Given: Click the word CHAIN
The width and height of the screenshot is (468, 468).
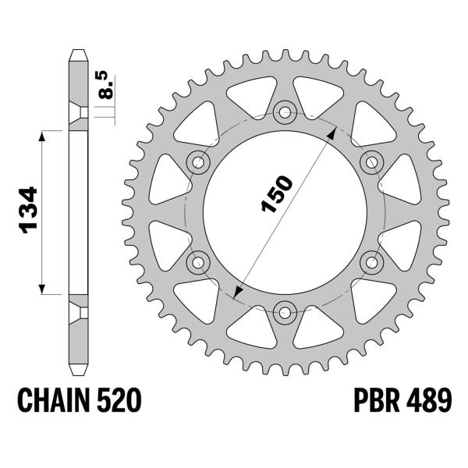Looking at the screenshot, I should click(51, 402).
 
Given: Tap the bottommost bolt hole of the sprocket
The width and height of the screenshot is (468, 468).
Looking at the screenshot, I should click(284, 312).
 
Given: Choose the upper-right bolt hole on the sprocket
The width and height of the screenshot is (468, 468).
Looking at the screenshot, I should click(371, 160).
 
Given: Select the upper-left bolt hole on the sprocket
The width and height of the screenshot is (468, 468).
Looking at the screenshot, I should click(197, 161).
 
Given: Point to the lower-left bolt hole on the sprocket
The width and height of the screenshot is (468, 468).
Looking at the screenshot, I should click(197, 261).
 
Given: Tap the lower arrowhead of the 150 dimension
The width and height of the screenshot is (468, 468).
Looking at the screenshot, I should click(237, 291).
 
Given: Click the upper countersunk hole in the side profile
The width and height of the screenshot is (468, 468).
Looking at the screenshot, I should click(78, 113).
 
